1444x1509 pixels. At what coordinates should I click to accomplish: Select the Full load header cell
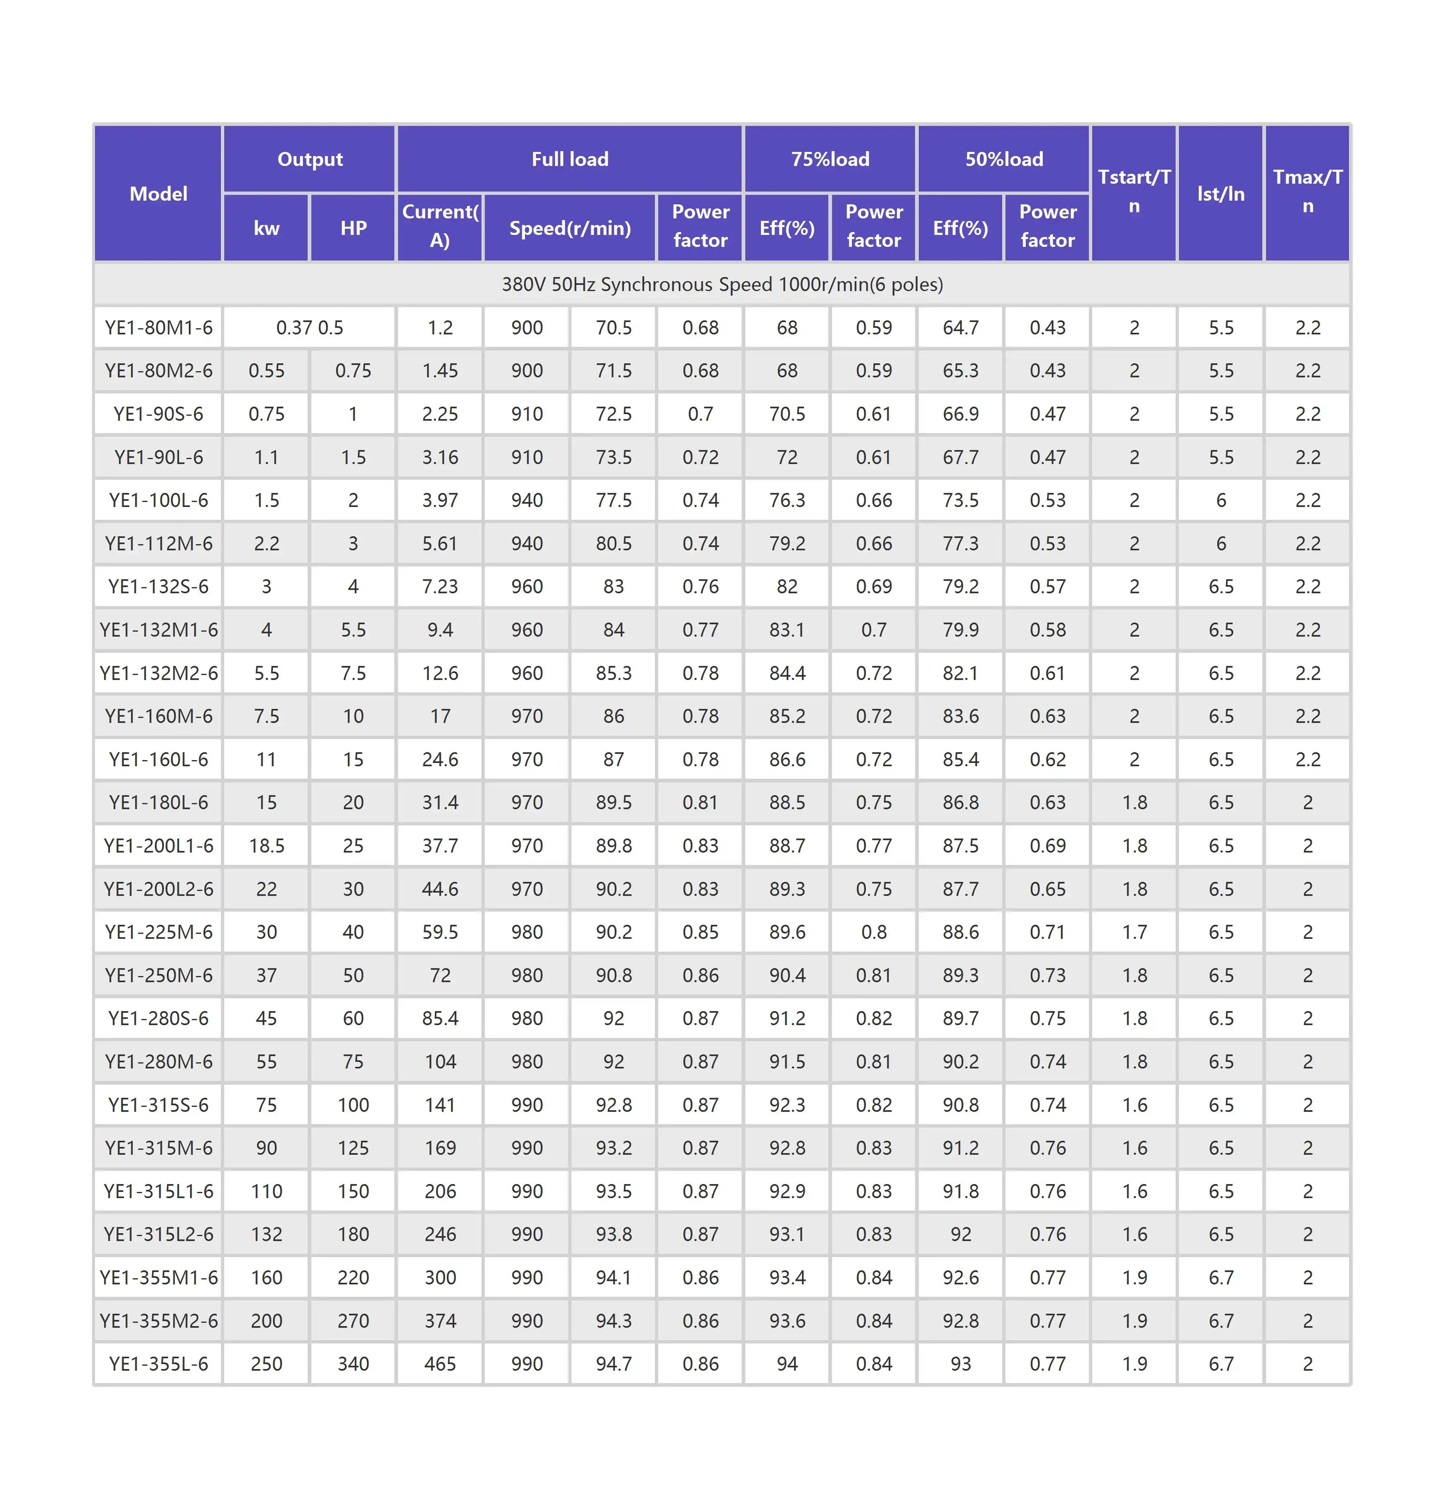(569, 159)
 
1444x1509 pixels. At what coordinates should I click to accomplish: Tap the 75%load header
(830, 159)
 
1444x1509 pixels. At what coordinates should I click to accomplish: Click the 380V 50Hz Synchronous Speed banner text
(722, 285)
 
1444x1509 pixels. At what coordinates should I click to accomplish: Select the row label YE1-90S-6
(159, 414)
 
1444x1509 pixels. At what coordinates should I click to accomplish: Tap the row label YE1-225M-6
(159, 932)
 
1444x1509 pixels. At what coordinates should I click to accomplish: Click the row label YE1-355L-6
(159, 1364)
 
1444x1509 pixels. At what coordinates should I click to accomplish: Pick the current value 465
(440, 1364)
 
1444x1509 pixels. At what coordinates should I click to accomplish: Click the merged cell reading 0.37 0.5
(309, 328)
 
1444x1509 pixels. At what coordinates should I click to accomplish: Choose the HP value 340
(353, 1364)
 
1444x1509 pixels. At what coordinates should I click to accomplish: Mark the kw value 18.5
(266, 846)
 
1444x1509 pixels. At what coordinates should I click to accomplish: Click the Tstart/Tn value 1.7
(1135, 932)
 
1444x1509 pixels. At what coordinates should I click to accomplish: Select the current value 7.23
(440, 586)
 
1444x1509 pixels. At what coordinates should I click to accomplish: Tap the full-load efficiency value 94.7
(614, 1364)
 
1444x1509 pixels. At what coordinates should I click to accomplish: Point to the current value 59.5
(440, 932)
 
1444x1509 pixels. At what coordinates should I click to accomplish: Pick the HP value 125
(353, 1148)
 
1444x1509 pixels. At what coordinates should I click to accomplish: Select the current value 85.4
(440, 1018)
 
